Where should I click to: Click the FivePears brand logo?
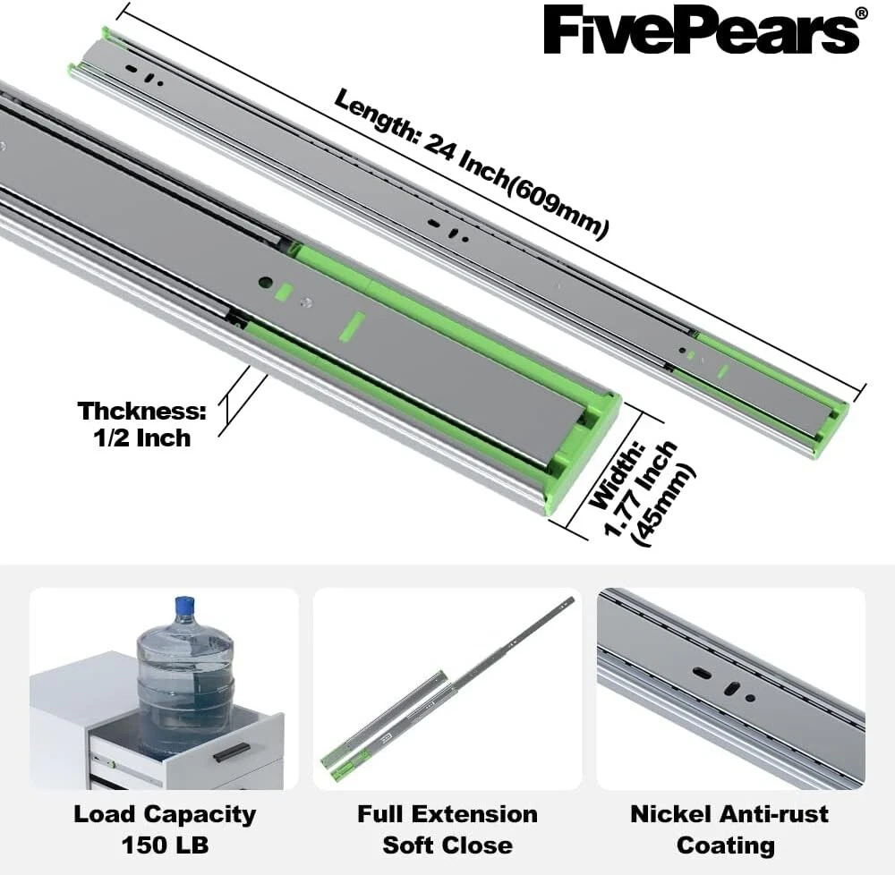(x=701, y=30)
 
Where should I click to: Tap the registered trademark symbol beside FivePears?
(x=862, y=13)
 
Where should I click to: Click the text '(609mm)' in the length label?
(x=558, y=206)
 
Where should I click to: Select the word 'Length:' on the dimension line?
(x=377, y=115)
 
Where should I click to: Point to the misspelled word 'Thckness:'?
(x=142, y=411)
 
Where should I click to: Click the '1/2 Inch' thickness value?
(x=142, y=438)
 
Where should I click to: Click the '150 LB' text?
(x=165, y=845)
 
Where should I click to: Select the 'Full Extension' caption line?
(x=447, y=814)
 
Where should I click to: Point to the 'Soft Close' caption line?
(x=447, y=845)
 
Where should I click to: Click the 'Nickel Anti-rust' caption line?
(x=729, y=814)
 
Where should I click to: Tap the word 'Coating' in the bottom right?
(x=726, y=845)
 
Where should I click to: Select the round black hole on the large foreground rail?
(x=264, y=282)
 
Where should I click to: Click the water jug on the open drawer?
(x=185, y=679)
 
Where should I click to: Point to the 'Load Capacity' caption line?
(x=165, y=814)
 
